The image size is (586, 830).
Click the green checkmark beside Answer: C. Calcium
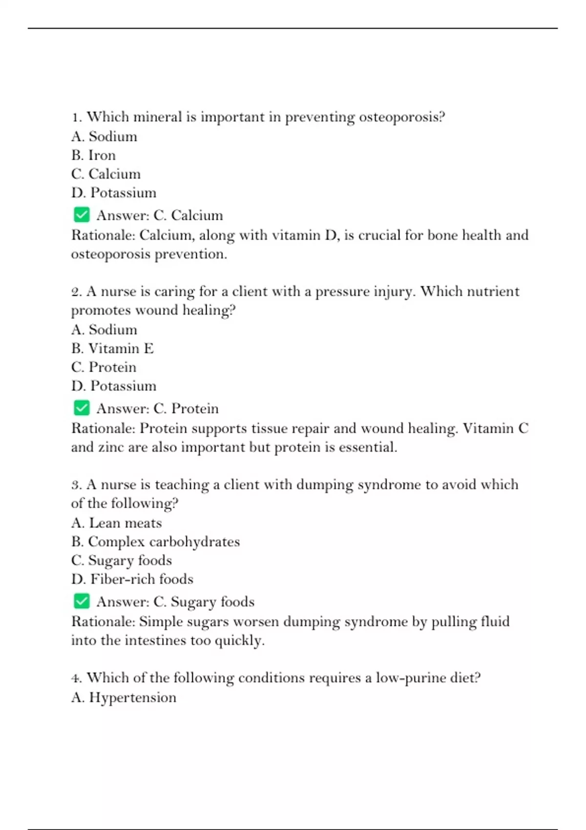(x=82, y=215)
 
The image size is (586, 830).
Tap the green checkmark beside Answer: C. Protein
(x=82, y=408)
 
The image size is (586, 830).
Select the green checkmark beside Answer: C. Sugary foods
(x=82, y=601)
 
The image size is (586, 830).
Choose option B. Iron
(x=93, y=155)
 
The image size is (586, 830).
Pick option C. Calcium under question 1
(x=105, y=174)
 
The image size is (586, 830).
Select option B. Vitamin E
(x=112, y=349)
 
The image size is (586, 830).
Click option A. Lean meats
(x=116, y=523)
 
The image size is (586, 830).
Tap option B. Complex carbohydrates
(x=155, y=542)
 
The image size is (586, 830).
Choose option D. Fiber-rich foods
(x=132, y=579)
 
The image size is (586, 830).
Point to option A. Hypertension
(x=124, y=697)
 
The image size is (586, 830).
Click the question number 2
(x=76, y=292)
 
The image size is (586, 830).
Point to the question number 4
(x=76, y=678)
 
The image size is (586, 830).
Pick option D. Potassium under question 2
(x=113, y=386)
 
